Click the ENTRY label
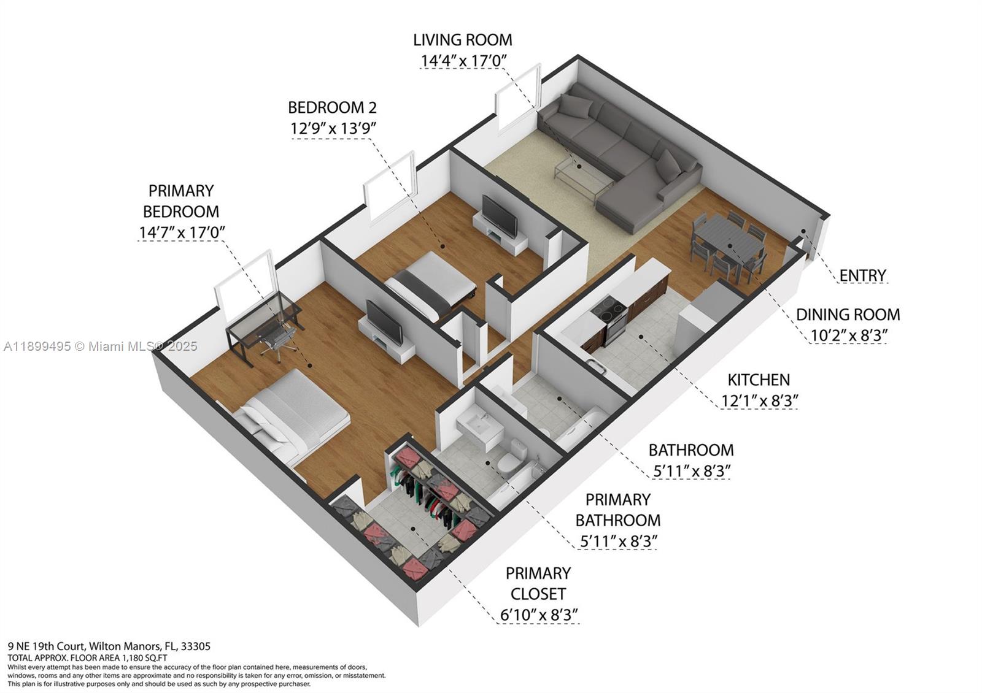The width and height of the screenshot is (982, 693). pyautogui.click(x=862, y=275)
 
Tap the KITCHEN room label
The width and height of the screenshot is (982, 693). pyautogui.click(x=759, y=380)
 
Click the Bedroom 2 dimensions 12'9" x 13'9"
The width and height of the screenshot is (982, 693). pyautogui.click(x=333, y=129)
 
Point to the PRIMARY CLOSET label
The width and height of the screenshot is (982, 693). pyautogui.click(x=538, y=583)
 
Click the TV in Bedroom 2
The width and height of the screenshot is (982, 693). pyautogui.click(x=498, y=216)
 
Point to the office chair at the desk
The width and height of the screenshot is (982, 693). pyautogui.click(x=279, y=340)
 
